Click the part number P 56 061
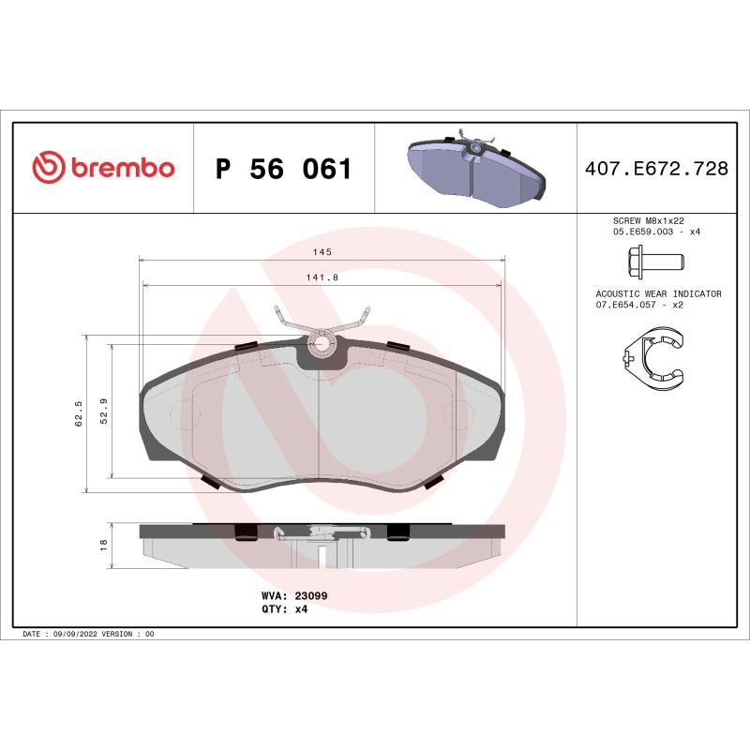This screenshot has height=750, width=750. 283,170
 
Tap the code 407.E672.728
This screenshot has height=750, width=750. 655,169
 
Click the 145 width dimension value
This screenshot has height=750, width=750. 322,252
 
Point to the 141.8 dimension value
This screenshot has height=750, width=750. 322,277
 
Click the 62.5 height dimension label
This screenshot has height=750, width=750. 80,413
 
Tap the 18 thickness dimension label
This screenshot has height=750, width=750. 104,544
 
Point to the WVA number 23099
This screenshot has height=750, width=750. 310,595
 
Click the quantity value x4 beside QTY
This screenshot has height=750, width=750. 302,608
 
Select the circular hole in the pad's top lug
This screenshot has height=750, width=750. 322,344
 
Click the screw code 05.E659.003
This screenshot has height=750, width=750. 634,231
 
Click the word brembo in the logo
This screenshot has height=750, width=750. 122,169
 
